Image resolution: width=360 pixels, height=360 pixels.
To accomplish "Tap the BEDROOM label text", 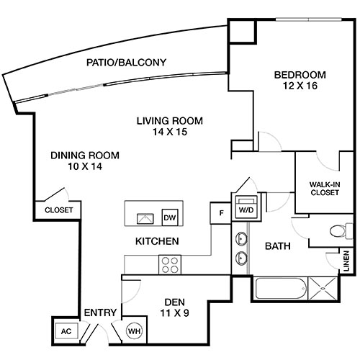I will coord(300,75).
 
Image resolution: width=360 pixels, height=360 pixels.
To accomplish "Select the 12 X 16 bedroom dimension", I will coord(300,86).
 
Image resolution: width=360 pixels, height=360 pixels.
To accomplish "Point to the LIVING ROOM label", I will coord(170,120).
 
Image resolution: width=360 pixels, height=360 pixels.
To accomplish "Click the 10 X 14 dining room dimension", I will coord(85,166).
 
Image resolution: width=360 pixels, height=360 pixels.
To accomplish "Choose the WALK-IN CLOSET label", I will coord(325,188).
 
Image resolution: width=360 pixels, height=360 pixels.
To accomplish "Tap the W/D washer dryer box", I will coord(246,206).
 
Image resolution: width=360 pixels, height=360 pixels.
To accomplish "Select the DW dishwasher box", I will coord(170,218).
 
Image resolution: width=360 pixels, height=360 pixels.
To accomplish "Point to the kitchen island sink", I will coord(145,218).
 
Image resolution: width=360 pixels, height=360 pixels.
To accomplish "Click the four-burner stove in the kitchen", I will coord(170,264).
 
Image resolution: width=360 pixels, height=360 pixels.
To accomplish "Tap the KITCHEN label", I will coord(157,241).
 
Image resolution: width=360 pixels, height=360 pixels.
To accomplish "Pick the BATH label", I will coord(278,246).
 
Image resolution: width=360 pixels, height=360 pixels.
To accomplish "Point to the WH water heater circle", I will coord(134,331).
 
